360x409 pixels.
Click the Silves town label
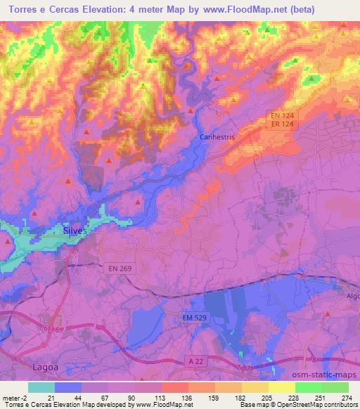[x=74, y=231]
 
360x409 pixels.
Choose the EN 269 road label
[x=121, y=268]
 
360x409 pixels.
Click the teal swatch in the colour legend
[x=41, y=387]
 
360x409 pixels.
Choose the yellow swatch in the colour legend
[x=281, y=387]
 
